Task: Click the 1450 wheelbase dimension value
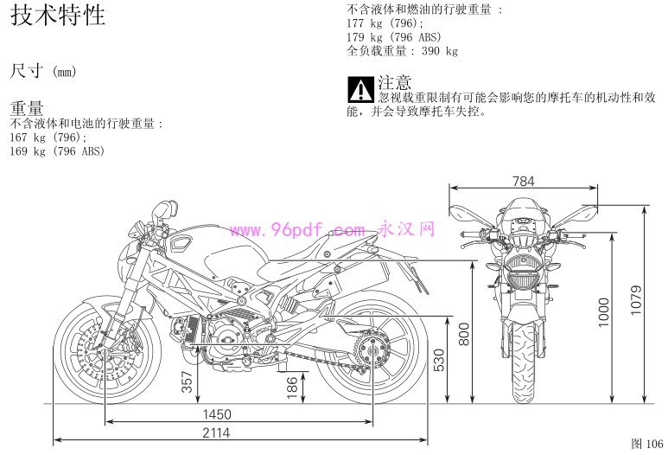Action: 217,414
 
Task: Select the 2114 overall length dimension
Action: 216,433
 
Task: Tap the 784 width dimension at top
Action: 523,182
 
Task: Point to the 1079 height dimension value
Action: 636,301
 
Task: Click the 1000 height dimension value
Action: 604,312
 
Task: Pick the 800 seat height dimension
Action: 464,334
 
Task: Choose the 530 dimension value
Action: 439,361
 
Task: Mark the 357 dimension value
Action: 188,381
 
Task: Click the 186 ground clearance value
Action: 292,388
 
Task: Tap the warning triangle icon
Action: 361,90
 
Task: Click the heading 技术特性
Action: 58,15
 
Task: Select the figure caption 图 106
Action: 647,444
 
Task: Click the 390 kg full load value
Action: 440,51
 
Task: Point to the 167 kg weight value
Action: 28,138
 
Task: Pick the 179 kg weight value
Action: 365,37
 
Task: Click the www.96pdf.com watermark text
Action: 297,230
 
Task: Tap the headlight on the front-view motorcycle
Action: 524,280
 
